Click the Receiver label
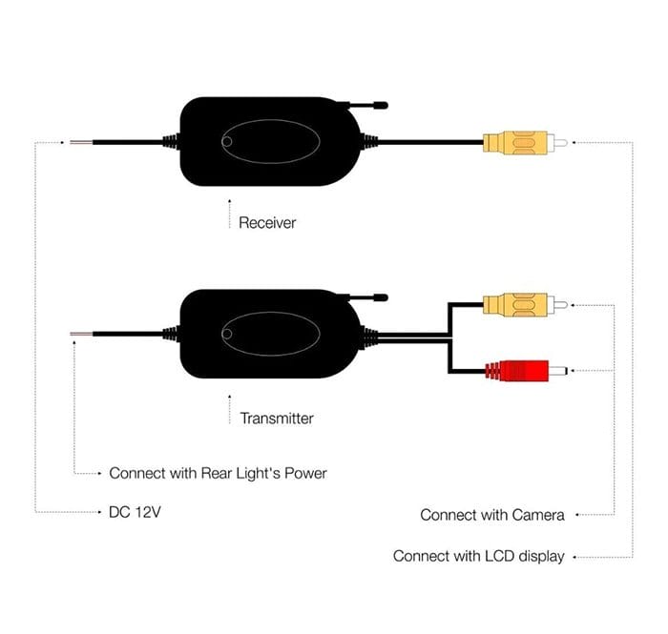tap(267, 222)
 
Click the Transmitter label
tap(277, 419)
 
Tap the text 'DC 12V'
tap(136, 512)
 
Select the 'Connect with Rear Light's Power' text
tap(219, 473)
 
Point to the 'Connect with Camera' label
tap(492, 515)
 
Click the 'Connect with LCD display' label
tap(479, 556)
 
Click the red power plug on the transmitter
tap(526, 371)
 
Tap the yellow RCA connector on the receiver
tap(525, 143)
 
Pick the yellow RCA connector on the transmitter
tap(525, 305)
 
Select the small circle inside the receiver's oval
tap(227, 142)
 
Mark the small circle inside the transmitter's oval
tap(227, 334)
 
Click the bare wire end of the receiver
tap(81, 142)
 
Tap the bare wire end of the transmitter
tap(81, 335)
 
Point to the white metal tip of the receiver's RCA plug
tap(557, 143)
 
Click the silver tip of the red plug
tap(558, 371)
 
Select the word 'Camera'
tap(538, 515)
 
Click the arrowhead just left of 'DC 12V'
tap(99, 512)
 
